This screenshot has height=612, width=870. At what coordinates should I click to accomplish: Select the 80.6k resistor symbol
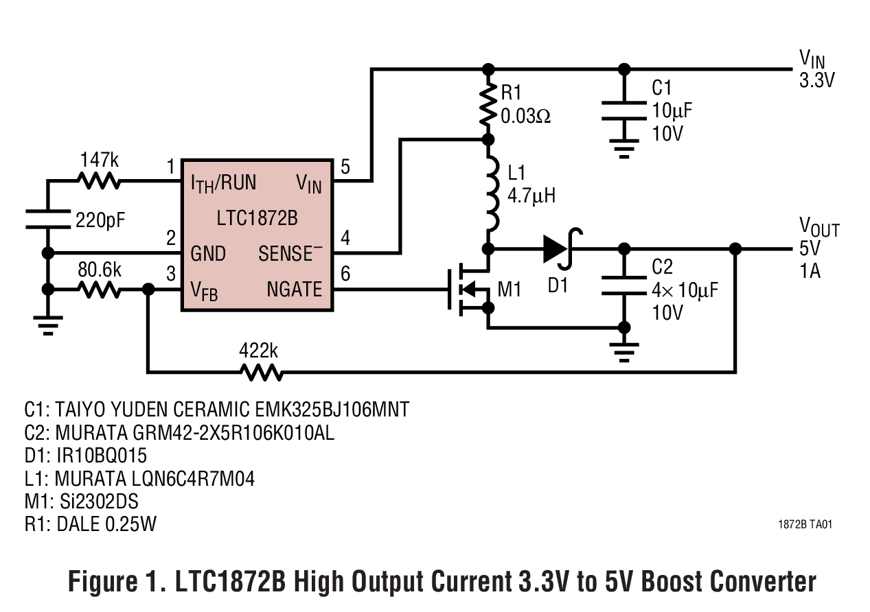click(100, 290)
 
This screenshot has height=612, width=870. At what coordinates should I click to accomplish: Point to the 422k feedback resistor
click(260, 373)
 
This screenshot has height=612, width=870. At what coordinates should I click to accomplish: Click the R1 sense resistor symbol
click(488, 104)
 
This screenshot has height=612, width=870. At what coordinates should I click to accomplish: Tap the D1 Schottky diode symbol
click(558, 250)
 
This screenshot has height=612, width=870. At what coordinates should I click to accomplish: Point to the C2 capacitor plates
click(623, 285)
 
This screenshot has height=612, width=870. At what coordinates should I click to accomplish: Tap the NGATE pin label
click(295, 290)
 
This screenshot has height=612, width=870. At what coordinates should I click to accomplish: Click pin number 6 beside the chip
click(345, 274)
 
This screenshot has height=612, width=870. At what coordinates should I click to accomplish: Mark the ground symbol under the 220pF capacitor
click(47, 324)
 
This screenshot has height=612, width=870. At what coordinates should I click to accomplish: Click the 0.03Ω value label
click(525, 116)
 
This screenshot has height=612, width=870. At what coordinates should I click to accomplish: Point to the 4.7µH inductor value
click(531, 196)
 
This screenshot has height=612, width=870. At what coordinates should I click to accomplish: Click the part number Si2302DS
click(95, 502)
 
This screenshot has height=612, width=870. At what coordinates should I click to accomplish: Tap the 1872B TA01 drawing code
click(805, 525)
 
